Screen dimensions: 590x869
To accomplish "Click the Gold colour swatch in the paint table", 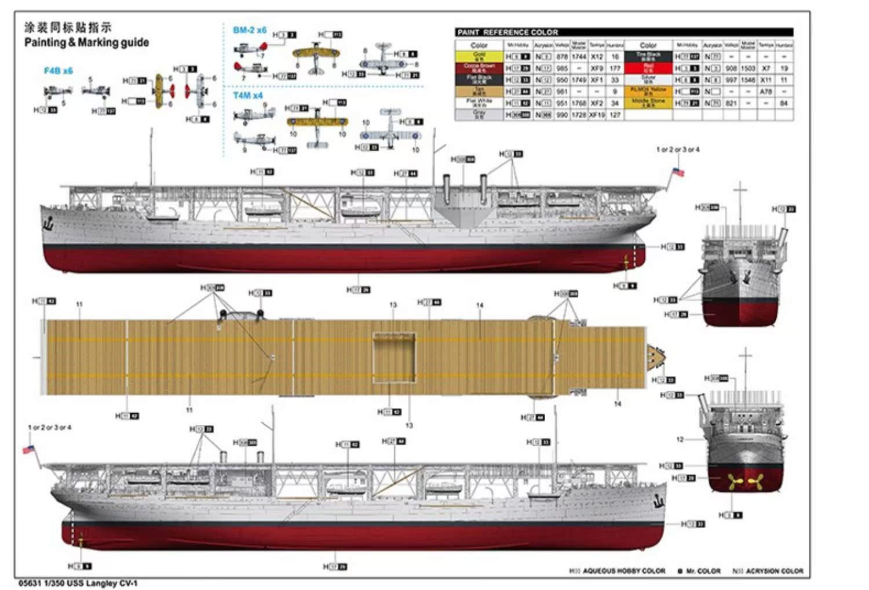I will (479, 56).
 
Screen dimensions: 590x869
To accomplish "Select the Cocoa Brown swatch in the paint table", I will (479, 67).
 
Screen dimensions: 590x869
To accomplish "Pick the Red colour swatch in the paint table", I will (648, 68).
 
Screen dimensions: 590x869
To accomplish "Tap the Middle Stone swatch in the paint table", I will (648, 102).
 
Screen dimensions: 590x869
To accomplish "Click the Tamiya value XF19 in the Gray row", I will (597, 115).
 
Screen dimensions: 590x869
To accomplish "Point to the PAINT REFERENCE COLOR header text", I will (507, 32).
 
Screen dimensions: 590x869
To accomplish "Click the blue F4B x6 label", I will (59, 71).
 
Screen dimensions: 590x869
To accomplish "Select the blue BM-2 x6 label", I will (250, 30).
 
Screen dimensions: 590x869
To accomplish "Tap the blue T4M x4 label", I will (247, 95).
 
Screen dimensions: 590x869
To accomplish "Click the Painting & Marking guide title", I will (86, 42).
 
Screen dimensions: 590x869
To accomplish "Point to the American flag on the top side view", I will (677, 172).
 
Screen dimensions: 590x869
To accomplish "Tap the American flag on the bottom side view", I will (28, 450).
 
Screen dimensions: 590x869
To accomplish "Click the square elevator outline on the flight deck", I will (394, 357).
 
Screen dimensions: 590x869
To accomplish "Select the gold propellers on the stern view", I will (744, 480).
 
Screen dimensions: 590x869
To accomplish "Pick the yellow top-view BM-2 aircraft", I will (316, 54).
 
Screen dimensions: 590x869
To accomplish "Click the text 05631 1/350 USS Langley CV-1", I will (78, 583).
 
